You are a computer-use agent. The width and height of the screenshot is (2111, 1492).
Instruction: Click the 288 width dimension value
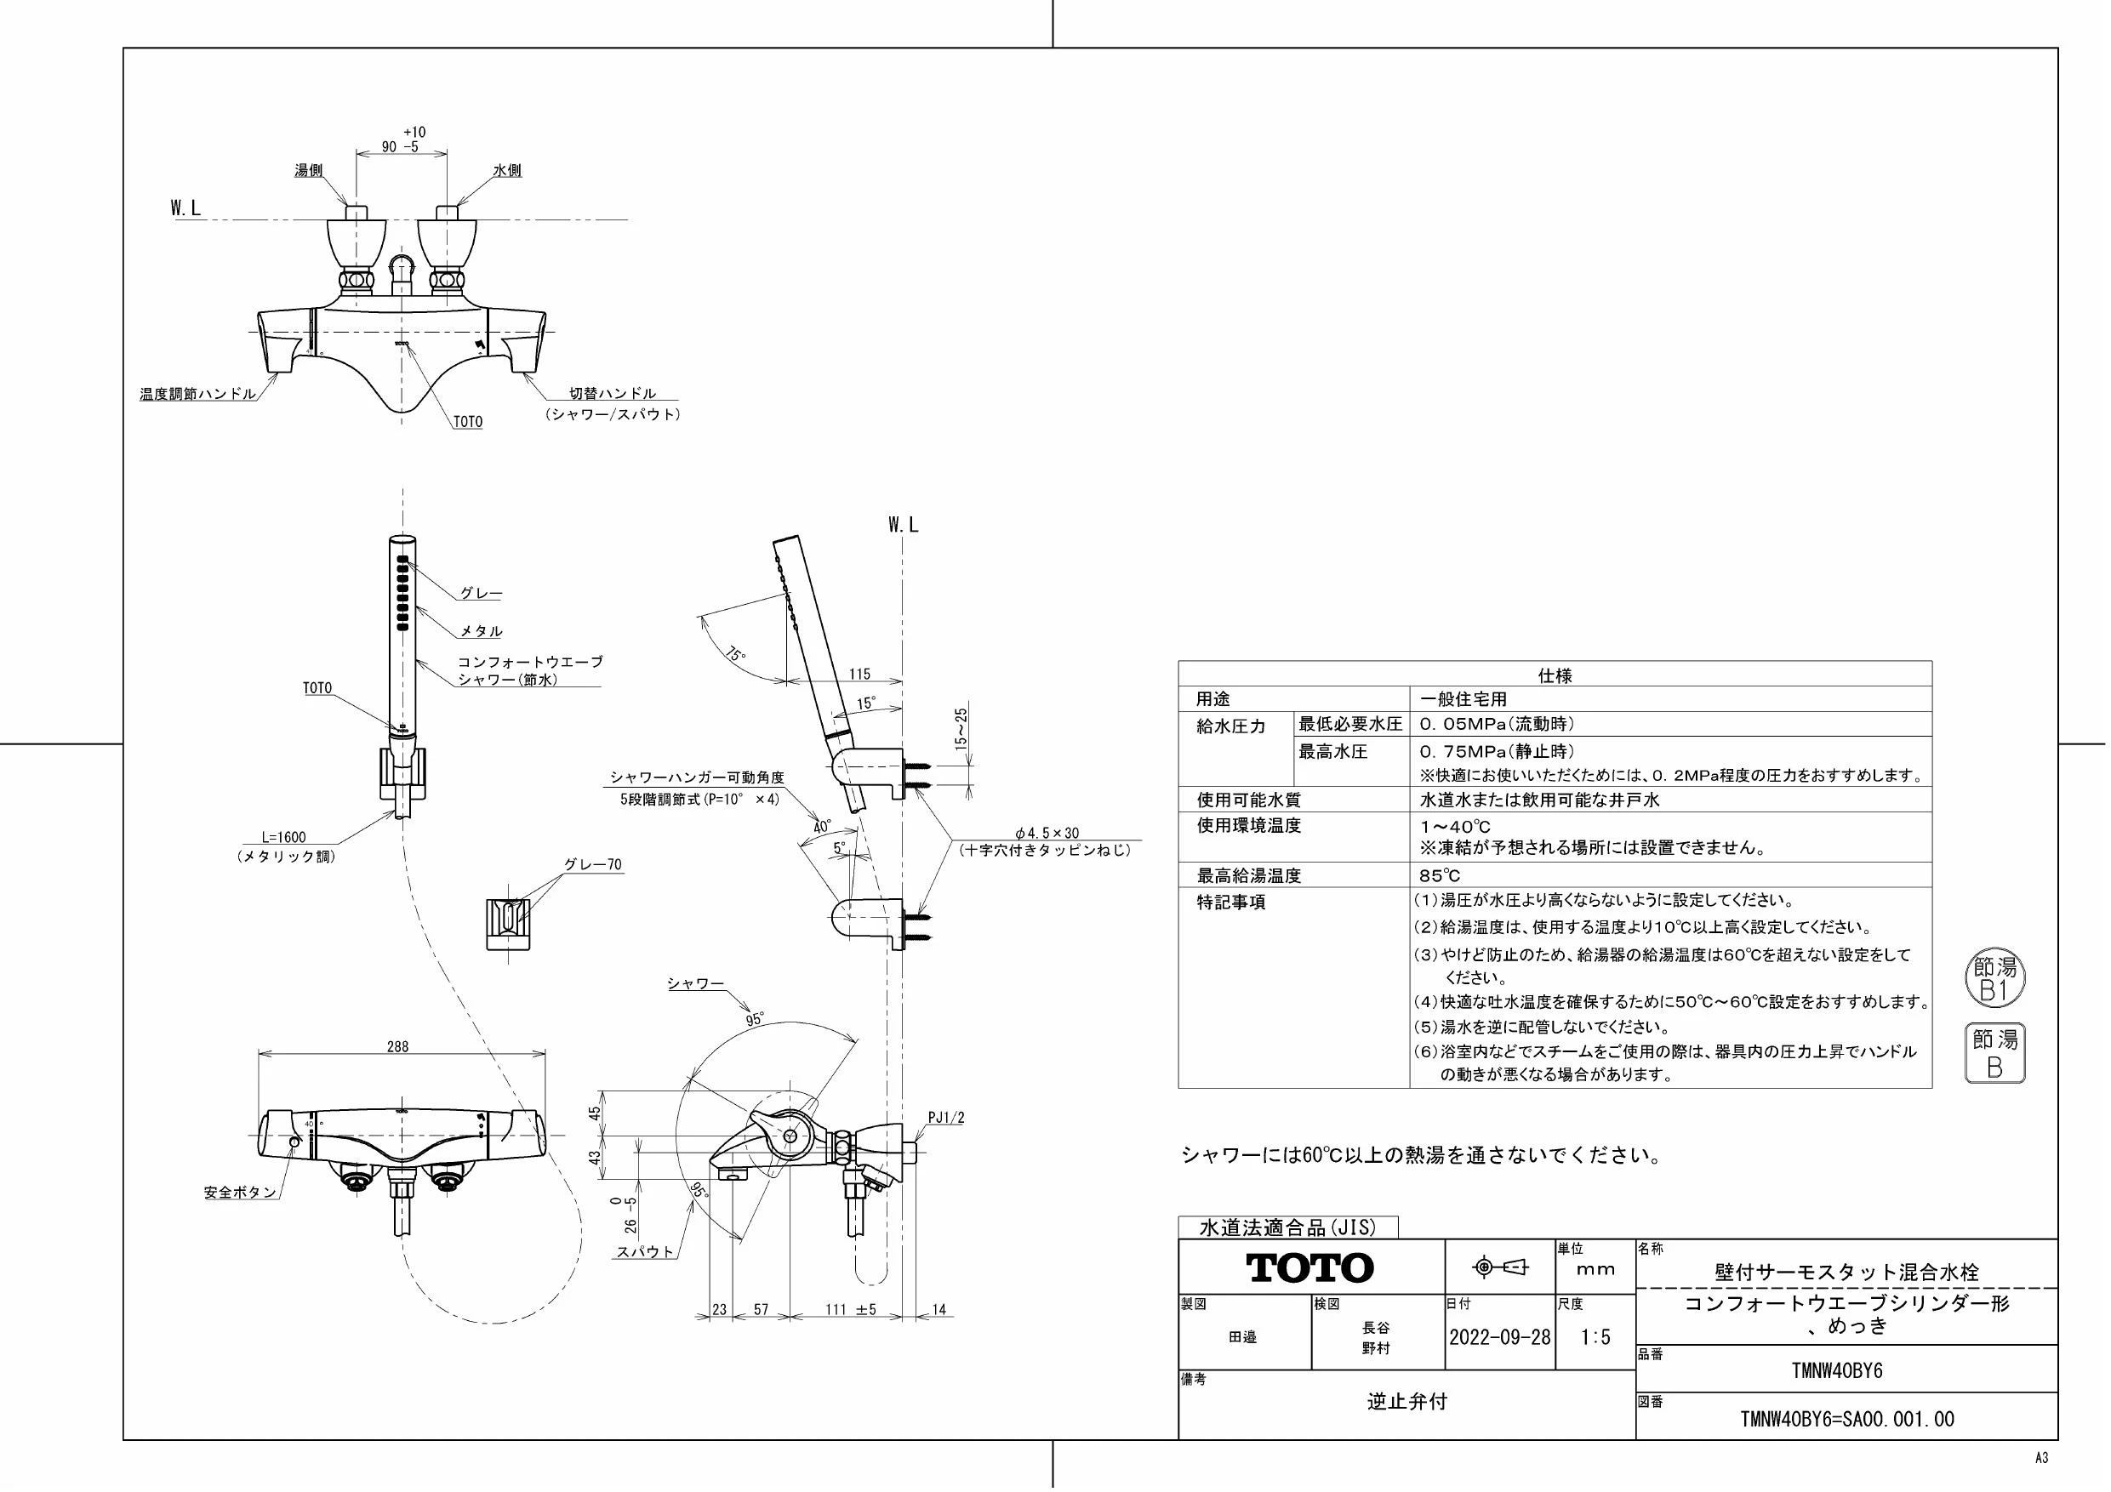pyautogui.click(x=397, y=1046)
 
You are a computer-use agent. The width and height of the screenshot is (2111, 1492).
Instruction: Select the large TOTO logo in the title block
pyautogui.click(x=1310, y=1267)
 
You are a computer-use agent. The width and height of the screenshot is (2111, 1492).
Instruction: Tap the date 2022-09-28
pyautogui.click(x=1499, y=1336)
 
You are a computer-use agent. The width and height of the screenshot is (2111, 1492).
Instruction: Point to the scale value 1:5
pyautogui.click(x=1595, y=1336)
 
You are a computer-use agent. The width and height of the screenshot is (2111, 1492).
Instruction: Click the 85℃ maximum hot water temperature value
pyautogui.click(x=1440, y=875)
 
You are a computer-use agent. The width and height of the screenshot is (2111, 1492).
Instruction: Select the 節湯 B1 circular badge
pyautogui.click(x=1994, y=979)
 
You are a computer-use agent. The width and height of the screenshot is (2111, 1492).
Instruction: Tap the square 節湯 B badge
pyautogui.click(x=1994, y=1052)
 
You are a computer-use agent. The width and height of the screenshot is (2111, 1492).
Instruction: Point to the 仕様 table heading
pyautogui.click(x=1555, y=675)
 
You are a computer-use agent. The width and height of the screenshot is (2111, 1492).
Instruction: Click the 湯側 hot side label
pyautogui.click(x=308, y=171)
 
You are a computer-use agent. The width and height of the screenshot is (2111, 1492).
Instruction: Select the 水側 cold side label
pyautogui.click(x=507, y=171)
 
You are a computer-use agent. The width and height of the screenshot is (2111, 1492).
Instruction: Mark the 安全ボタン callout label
pyautogui.click(x=240, y=1193)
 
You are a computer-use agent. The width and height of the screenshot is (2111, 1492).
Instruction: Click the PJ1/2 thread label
pyautogui.click(x=946, y=1118)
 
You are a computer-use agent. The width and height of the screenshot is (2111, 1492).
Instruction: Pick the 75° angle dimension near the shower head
pyautogui.click(x=735, y=654)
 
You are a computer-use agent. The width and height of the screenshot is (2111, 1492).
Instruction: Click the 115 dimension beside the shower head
pyautogui.click(x=859, y=674)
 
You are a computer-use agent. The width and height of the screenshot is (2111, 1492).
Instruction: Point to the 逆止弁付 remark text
pyautogui.click(x=1406, y=1402)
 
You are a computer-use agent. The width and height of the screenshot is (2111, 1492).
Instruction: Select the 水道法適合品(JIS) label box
pyautogui.click(x=1287, y=1227)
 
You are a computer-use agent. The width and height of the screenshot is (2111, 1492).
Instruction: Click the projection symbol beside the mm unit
pyautogui.click(x=1499, y=1267)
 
